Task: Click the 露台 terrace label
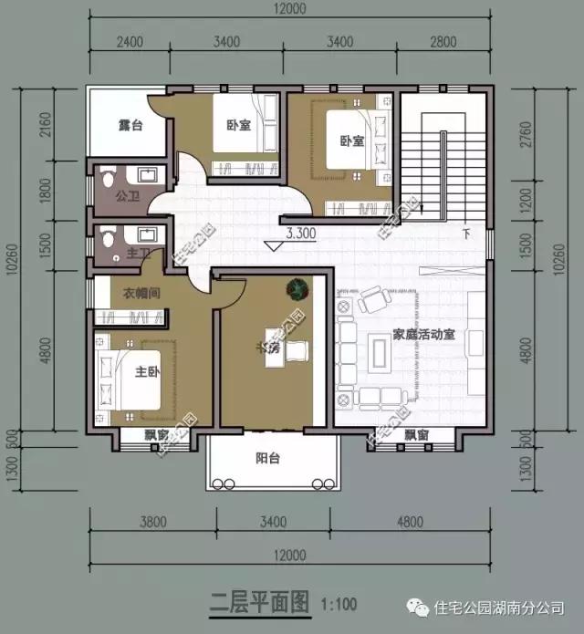[x=130, y=126]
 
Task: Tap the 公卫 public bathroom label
[x=127, y=194]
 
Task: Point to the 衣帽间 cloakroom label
[x=141, y=294]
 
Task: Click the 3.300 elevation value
[x=300, y=233]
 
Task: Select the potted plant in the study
[x=296, y=288]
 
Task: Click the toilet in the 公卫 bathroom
[x=108, y=174]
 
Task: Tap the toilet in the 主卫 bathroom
[x=109, y=237]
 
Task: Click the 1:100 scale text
[x=338, y=603]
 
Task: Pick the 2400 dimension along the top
[x=130, y=42]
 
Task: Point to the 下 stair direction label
[x=467, y=232]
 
